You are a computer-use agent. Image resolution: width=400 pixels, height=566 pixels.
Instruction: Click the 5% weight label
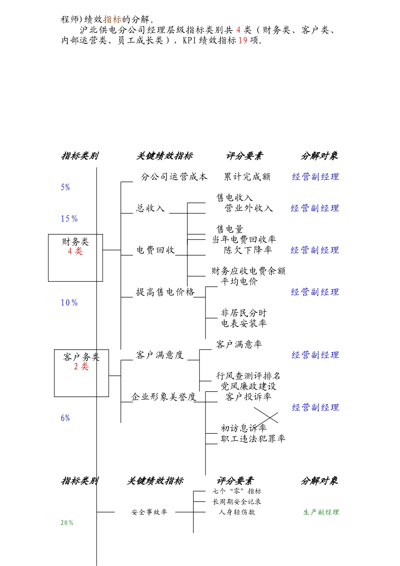[65, 187]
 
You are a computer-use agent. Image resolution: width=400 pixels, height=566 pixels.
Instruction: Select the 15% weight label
[69, 219]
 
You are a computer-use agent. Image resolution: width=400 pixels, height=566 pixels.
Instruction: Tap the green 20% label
[67, 523]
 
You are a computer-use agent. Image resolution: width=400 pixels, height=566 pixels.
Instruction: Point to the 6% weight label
[65, 418]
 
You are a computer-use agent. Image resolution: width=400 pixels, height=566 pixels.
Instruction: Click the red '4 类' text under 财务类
[75, 251]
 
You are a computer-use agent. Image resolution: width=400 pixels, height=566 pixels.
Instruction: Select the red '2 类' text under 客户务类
[81, 367]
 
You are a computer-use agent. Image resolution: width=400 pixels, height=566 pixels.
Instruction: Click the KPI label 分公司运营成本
[174, 177]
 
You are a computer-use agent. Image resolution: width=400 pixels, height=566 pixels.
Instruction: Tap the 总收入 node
[150, 208]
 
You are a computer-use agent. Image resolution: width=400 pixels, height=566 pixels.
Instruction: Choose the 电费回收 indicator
[155, 250]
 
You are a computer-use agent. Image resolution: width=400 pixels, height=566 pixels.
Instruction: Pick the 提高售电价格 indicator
[165, 292]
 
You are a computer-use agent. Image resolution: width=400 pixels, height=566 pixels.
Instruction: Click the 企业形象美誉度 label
[164, 397]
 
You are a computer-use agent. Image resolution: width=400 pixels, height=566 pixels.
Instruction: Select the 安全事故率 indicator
[149, 512]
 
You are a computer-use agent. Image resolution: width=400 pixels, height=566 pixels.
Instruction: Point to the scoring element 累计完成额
[247, 177]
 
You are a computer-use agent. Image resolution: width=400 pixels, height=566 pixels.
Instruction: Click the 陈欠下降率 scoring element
[248, 250]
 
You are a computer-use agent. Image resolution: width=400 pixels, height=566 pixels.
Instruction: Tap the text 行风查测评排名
[248, 376]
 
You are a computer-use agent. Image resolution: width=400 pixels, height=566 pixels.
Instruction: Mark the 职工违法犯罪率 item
[253, 438]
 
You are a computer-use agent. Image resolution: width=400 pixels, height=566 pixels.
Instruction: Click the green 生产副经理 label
[321, 512]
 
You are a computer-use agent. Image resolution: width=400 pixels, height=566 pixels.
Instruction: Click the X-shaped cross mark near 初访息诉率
[266, 415]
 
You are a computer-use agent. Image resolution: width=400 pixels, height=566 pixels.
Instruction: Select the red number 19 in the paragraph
[243, 40]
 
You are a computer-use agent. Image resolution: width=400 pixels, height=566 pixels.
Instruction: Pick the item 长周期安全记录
[237, 502]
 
